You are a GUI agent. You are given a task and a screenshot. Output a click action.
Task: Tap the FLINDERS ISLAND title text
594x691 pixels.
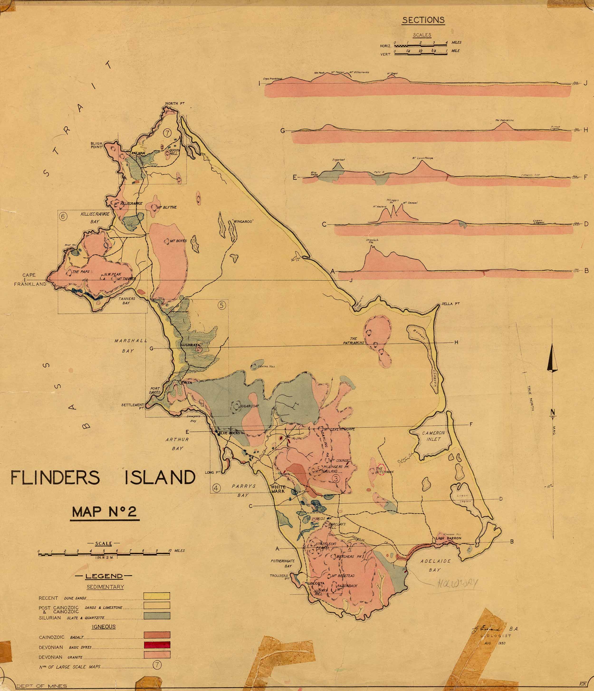(x=103, y=478)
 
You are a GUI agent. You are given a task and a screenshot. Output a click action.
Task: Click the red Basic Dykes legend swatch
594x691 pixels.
(x=157, y=645)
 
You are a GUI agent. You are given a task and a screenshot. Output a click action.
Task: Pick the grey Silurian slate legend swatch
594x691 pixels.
(x=157, y=616)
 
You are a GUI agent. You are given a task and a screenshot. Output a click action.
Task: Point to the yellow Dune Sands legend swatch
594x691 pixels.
(x=157, y=596)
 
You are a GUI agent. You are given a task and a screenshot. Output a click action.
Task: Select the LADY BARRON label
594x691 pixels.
(x=448, y=538)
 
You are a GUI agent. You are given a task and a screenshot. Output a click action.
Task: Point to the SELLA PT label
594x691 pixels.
(x=450, y=304)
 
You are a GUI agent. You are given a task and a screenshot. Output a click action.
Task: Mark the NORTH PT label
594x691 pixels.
(x=175, y=104)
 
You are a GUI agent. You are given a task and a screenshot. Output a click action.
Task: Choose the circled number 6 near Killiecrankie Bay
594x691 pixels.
(x=63, y=216)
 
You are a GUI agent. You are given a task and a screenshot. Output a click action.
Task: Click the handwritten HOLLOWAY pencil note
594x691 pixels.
(x=457, y=583)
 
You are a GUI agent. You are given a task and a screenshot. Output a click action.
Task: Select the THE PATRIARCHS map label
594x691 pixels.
(x=354, y=341)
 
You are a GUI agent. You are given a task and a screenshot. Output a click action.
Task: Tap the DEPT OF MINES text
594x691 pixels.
(x=42, y=686)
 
